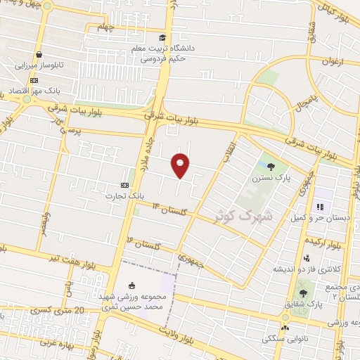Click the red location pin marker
[181, 165]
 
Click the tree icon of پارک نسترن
[271, 166]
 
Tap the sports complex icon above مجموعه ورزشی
[131, 285]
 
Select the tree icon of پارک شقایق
[303, 293]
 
